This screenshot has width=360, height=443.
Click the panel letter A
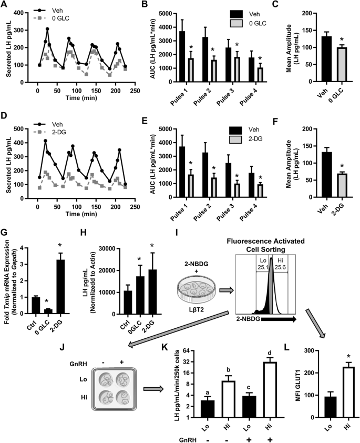click(4, 6)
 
